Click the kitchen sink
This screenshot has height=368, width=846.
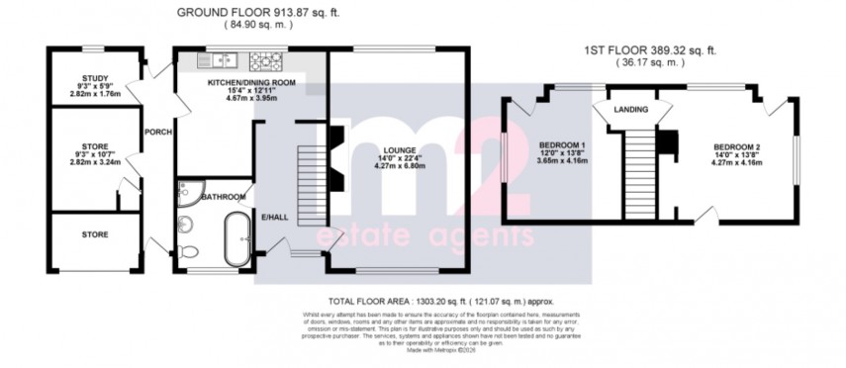[x=217, y=60]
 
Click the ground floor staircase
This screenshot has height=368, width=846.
[x=312, y=183]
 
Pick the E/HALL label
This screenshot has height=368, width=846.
[x=273, y=216]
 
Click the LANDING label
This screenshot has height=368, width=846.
[x=630, y=109]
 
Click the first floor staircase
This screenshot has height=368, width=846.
[x=640, y=168]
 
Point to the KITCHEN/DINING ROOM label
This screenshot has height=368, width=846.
[x=251, y=83]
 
